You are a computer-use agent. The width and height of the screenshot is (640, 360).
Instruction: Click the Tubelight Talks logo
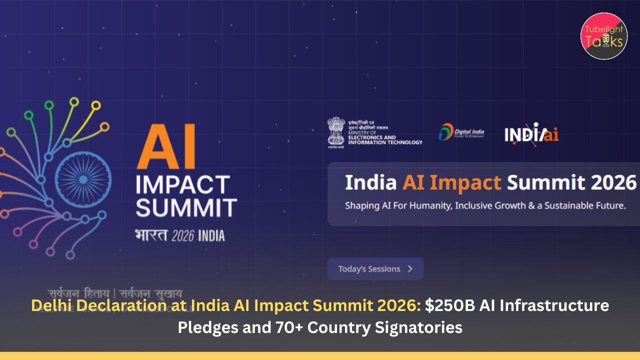tap(604, 36)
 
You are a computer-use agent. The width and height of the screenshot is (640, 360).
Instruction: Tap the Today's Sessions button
tap(375, 269)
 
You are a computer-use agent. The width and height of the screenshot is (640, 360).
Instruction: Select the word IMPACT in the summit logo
tap(183, 185)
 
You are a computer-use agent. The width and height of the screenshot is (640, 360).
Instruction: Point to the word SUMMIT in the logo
tap(186, 207)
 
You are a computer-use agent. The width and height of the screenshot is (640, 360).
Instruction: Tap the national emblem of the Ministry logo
tap(336, 131)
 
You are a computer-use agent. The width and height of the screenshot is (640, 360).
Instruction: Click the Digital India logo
tap(461, 132)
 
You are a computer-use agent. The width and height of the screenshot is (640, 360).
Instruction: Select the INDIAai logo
tap(531, 134)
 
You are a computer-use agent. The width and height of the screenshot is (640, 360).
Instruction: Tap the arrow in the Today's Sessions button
tap(410, 269)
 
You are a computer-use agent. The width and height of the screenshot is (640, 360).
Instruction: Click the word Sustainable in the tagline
tap(570, 205)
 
